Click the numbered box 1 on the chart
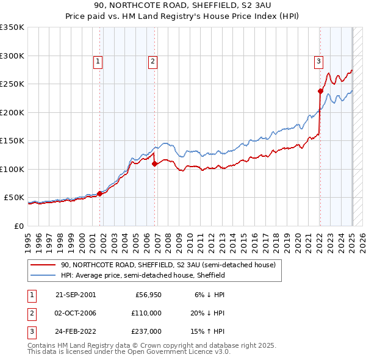pos(98,60)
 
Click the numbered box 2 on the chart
pos(152,60)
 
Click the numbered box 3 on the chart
pos(318,60)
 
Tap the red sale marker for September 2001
pos(99,193)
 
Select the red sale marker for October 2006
pos(154,164)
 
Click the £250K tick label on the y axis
pos(12,84)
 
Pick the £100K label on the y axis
pos(12,169)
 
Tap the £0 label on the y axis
pos(18,226)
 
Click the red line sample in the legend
pos(43,265)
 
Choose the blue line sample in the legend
pos(43,276)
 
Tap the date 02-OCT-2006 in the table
pos(75,313)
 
